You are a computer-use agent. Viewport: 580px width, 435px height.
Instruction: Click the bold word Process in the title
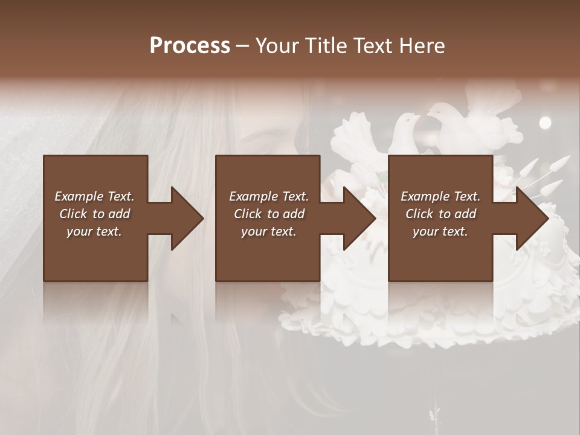coord(190,46)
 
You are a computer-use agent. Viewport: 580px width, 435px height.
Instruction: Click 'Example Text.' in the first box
coord(94,196)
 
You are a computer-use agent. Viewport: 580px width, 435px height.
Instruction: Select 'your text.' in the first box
coord(94,231)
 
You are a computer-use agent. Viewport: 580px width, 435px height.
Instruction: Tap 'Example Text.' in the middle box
coord(269,196)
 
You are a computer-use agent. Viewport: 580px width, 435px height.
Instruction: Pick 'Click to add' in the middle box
coord(269,214)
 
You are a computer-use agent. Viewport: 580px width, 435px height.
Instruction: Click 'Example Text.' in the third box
coord(440,196)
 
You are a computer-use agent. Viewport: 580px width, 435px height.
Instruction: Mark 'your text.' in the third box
coord(440,231)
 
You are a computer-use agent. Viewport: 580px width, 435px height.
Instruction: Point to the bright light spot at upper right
coord(545,123)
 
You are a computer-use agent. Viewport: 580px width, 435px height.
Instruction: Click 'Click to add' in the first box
coord(94,214)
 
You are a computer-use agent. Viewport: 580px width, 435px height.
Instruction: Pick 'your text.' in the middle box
coord(269,231)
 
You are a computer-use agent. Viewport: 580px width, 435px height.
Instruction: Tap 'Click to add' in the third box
coord(440,214)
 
